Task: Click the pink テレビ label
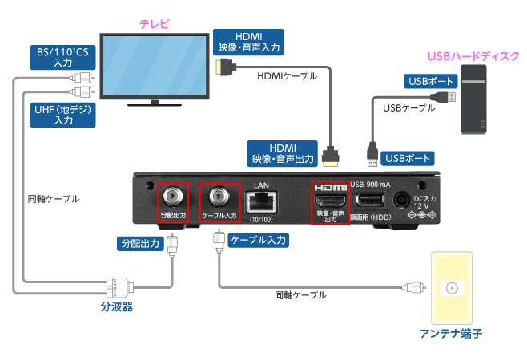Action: pos(154,23)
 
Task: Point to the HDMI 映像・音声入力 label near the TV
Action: pos(249,42)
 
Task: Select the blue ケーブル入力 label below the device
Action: pos(259,240)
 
